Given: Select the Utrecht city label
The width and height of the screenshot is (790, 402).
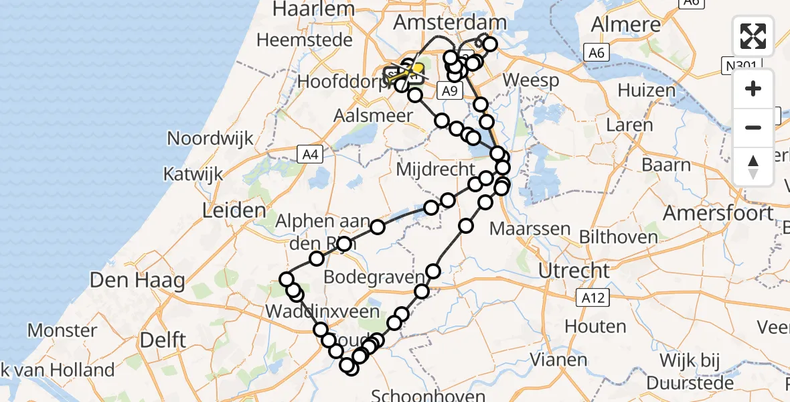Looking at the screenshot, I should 566,271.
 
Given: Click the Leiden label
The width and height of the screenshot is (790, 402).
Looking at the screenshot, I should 234,211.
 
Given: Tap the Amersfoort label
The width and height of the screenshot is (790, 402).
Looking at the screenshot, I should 718,214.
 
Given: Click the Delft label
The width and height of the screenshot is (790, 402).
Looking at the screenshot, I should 163,340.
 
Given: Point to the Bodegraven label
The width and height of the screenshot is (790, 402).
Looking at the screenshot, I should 374,277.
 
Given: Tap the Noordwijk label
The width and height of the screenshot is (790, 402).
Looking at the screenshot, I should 210,139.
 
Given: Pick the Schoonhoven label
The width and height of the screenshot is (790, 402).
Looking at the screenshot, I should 428,394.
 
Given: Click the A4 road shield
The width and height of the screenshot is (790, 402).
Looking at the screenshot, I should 308,155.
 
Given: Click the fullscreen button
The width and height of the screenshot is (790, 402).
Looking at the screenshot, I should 753,36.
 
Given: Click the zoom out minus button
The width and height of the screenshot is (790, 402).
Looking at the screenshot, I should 753,127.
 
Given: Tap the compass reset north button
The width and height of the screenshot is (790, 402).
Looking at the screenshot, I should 753,166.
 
